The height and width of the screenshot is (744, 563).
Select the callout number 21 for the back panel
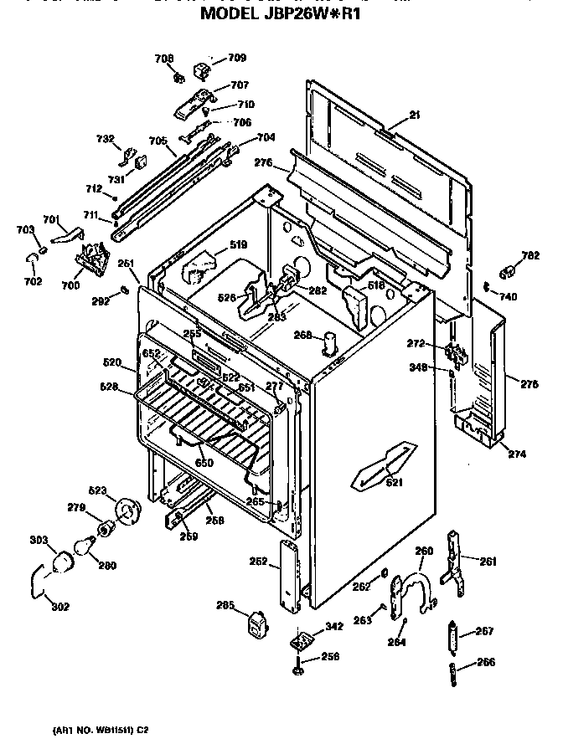416,115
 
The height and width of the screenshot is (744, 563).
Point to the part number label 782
530,255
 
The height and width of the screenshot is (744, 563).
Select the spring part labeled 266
452,670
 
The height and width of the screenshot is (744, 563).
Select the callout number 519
239,245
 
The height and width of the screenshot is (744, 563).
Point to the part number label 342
334,626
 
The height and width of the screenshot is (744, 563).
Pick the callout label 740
509,296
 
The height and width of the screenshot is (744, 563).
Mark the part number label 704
265,137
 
